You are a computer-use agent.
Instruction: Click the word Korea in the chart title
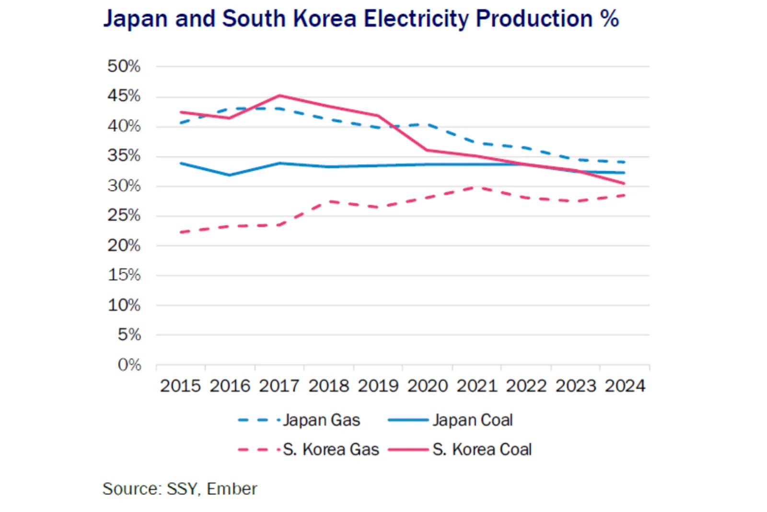[x=325, y=19]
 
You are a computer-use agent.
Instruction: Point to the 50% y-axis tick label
[x=124, y=66]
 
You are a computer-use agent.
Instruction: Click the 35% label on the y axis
[x=124, y=156]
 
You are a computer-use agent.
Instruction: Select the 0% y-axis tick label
[x=129, y=365]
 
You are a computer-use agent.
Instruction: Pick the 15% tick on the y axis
[x=124, y=275]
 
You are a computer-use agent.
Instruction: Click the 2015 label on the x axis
[x=180, y=386]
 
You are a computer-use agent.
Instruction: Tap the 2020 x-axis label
[x=428, y=386]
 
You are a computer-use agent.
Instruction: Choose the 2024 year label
[x=625, y=386]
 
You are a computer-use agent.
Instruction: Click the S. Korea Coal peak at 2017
[x=279, y=95]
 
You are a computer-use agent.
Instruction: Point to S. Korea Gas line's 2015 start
[x=181, y=232]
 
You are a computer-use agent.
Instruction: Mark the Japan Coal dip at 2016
[x=230, y=175]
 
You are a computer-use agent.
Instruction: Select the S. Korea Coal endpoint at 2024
[x=624, y=183]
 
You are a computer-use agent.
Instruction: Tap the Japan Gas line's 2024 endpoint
[x=624, y=162]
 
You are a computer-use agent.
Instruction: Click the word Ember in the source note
[x=232, y=489]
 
